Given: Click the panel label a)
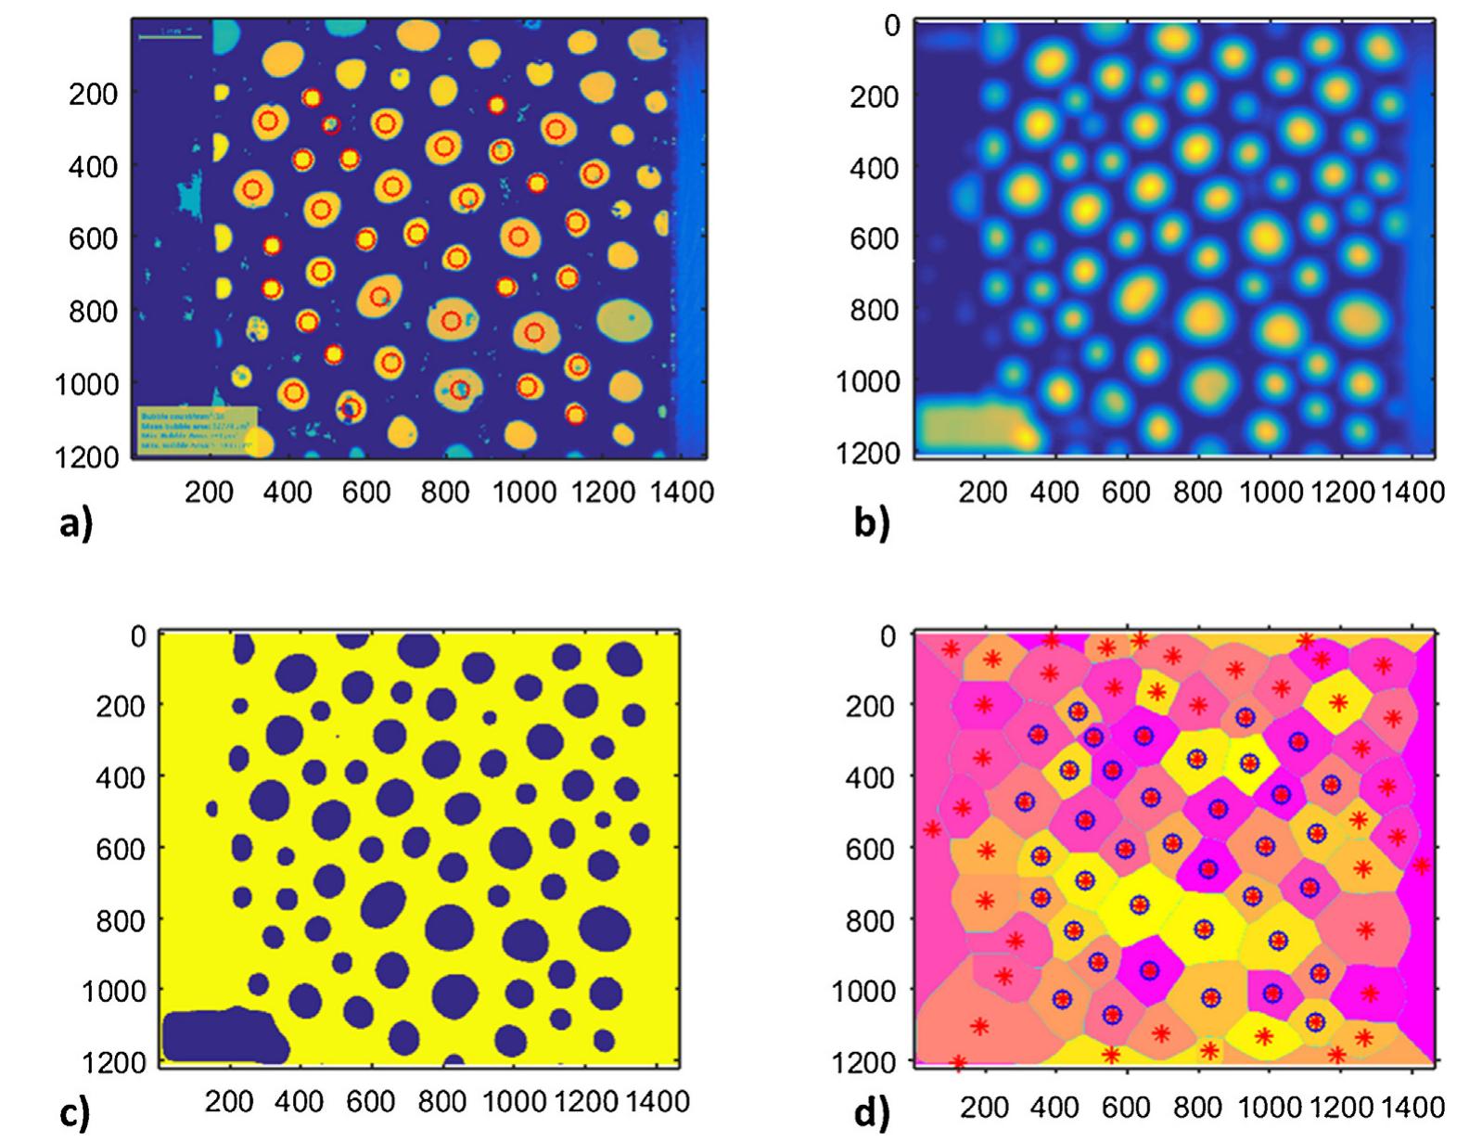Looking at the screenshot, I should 75,524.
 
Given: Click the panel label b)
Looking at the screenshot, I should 871,524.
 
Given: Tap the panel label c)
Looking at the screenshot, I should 74,1112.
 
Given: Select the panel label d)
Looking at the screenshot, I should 871,1112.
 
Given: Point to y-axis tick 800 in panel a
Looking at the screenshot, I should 94,312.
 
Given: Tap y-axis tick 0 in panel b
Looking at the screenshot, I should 891,26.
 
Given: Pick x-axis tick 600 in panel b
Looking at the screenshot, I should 1126,492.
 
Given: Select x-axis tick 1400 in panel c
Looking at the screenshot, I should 657,1101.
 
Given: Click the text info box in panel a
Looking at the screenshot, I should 197,429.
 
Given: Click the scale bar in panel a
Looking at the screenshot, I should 170,36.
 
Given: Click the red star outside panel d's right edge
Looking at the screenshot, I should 1421,865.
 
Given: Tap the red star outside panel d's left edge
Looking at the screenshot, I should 932,828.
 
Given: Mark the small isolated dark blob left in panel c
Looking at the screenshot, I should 211,809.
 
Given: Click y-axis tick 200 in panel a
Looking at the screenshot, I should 94,94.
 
